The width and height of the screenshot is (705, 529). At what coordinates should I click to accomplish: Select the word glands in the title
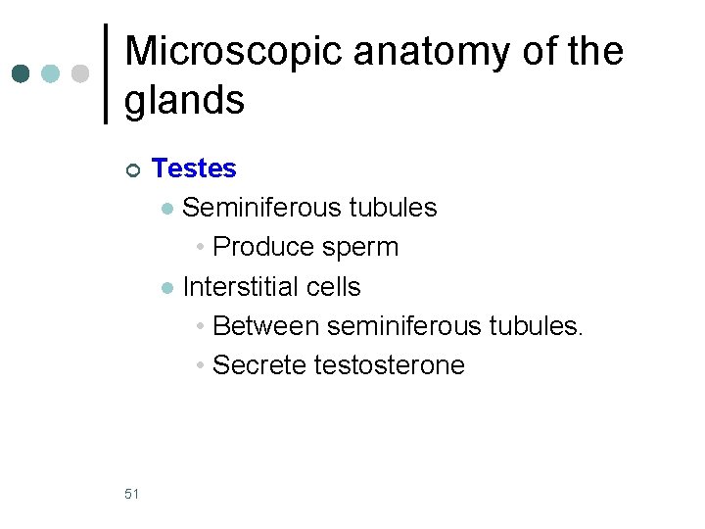pos(184,100)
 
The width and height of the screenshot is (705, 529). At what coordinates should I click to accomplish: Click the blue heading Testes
pos(194,168)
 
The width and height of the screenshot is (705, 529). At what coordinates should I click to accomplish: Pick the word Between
pos(265,326)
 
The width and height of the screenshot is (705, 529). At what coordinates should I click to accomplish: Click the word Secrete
pos(259,365)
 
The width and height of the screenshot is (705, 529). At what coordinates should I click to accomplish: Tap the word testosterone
pos(390,365)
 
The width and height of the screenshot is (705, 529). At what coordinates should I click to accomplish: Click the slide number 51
pos(132,494)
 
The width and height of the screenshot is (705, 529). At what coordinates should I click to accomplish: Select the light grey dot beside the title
pos(80,73)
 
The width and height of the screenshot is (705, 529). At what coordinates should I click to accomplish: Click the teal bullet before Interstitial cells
pos(167,288)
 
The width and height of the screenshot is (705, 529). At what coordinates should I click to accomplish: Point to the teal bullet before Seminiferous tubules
pos(167,209)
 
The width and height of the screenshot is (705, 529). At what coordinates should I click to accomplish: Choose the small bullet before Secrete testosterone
pos(200,366)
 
